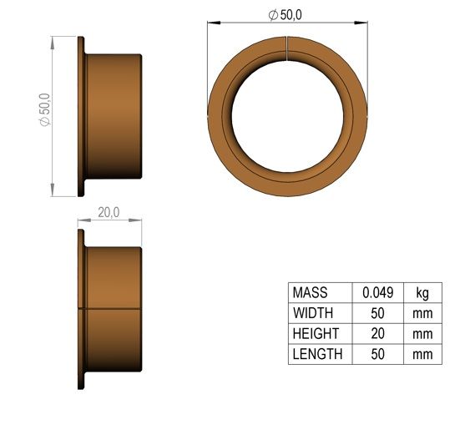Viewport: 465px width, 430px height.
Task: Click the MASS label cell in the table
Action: (310, 292)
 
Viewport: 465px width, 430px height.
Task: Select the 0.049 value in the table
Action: (378, 292)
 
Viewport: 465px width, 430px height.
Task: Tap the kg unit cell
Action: (422, 293)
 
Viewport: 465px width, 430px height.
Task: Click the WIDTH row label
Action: (313, 313)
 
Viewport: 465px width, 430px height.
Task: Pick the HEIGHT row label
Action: (316, 334)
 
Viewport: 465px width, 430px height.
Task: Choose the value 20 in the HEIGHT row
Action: (378, 334)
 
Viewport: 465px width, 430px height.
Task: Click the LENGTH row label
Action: (317, 354)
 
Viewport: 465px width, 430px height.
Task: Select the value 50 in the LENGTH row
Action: (378, 354)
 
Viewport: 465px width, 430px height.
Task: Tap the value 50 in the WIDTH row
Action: (378, 313)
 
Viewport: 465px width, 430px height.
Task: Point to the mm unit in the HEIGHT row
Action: (422, 334)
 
